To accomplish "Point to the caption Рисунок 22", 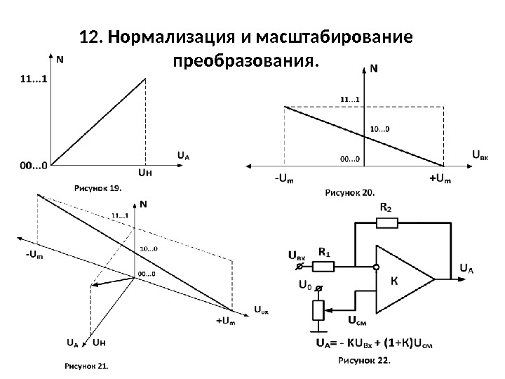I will coord(365,361).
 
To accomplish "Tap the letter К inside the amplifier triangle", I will coord(394,279).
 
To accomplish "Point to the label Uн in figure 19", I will coord(145,171).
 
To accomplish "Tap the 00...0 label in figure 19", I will coord(33,166).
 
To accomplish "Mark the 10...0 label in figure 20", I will coord(379,128).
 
